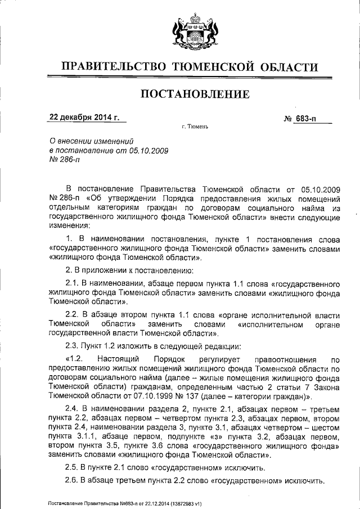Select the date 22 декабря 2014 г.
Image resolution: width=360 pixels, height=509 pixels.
[x=85, y=118]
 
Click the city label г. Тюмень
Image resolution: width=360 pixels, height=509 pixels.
[x=195, y=127]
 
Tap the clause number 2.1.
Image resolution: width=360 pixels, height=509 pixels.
[x=73, y=283]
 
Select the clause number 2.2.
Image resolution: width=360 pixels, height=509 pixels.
[x=73, y=316]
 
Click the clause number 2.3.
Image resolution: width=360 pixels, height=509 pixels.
[x=73, y=346]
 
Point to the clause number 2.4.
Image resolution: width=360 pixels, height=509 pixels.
[x=73, y=408]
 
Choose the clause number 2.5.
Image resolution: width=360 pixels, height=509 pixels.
[x=73, y=468]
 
